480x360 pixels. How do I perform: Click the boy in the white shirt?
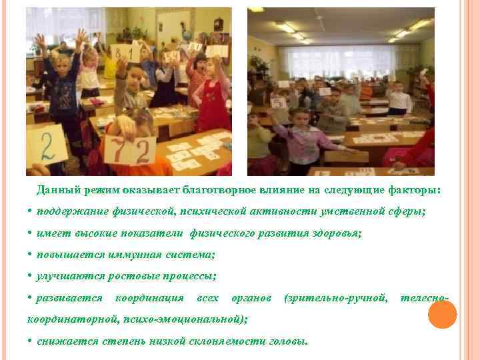[x=399, y=100]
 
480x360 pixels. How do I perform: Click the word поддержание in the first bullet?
[x=70, y=211]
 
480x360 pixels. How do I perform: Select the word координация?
[x=149, y=297]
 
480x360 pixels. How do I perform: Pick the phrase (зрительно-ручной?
[x=335, y=297]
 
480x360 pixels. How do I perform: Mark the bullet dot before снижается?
[x=31, y=341]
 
